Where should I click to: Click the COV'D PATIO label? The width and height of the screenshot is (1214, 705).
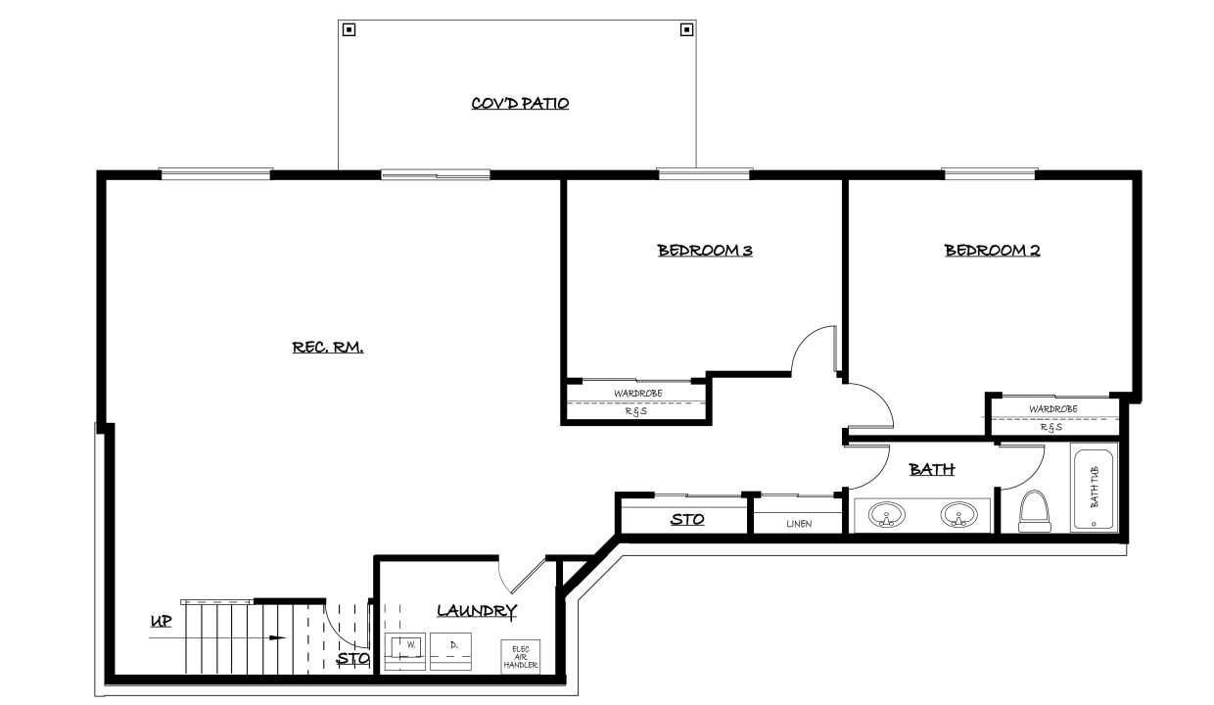click(x=520, y=103)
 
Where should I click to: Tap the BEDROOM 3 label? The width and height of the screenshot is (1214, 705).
click(x=704, y=251)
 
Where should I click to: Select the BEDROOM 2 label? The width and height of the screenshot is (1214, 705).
click(x=992, y=251)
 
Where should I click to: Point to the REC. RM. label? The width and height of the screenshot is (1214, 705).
click(x=328, y=347)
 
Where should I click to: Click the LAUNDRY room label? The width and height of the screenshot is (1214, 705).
click(x=477, y=611)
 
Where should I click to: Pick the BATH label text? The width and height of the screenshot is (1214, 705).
click(x=932, y=470)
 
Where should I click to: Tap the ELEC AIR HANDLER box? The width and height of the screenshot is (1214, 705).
click(x=521, y=657)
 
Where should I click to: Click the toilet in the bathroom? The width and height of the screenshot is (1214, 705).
click(x=1034, y=512)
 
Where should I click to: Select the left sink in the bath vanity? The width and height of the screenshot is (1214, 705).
click(x=887, y=515)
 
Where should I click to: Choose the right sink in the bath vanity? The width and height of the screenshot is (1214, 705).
click(x=959, y=515)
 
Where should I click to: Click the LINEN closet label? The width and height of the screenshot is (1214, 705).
click(x=798, y=524)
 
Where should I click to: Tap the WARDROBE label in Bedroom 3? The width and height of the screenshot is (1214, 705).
click(x=637, y=394)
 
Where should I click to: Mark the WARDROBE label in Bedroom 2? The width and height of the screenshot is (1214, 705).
click(x=1053, y=409)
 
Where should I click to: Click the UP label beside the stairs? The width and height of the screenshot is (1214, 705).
click(x=161, y=621)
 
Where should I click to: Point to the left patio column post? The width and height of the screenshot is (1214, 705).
click(x=349, y=29)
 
